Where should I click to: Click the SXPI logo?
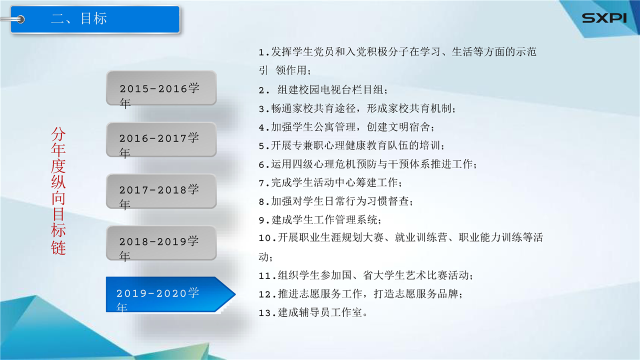point(604,18)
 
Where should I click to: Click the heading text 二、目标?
point(79,18)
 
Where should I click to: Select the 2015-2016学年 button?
point(161,88)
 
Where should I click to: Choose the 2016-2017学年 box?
point(161,139)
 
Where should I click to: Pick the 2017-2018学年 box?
point(161,191)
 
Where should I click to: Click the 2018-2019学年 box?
point(161,243)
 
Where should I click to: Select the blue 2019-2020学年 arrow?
point(170,294)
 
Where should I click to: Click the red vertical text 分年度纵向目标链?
point(58,190)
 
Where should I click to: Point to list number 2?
point(264,91)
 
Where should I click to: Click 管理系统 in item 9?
point(356,219)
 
